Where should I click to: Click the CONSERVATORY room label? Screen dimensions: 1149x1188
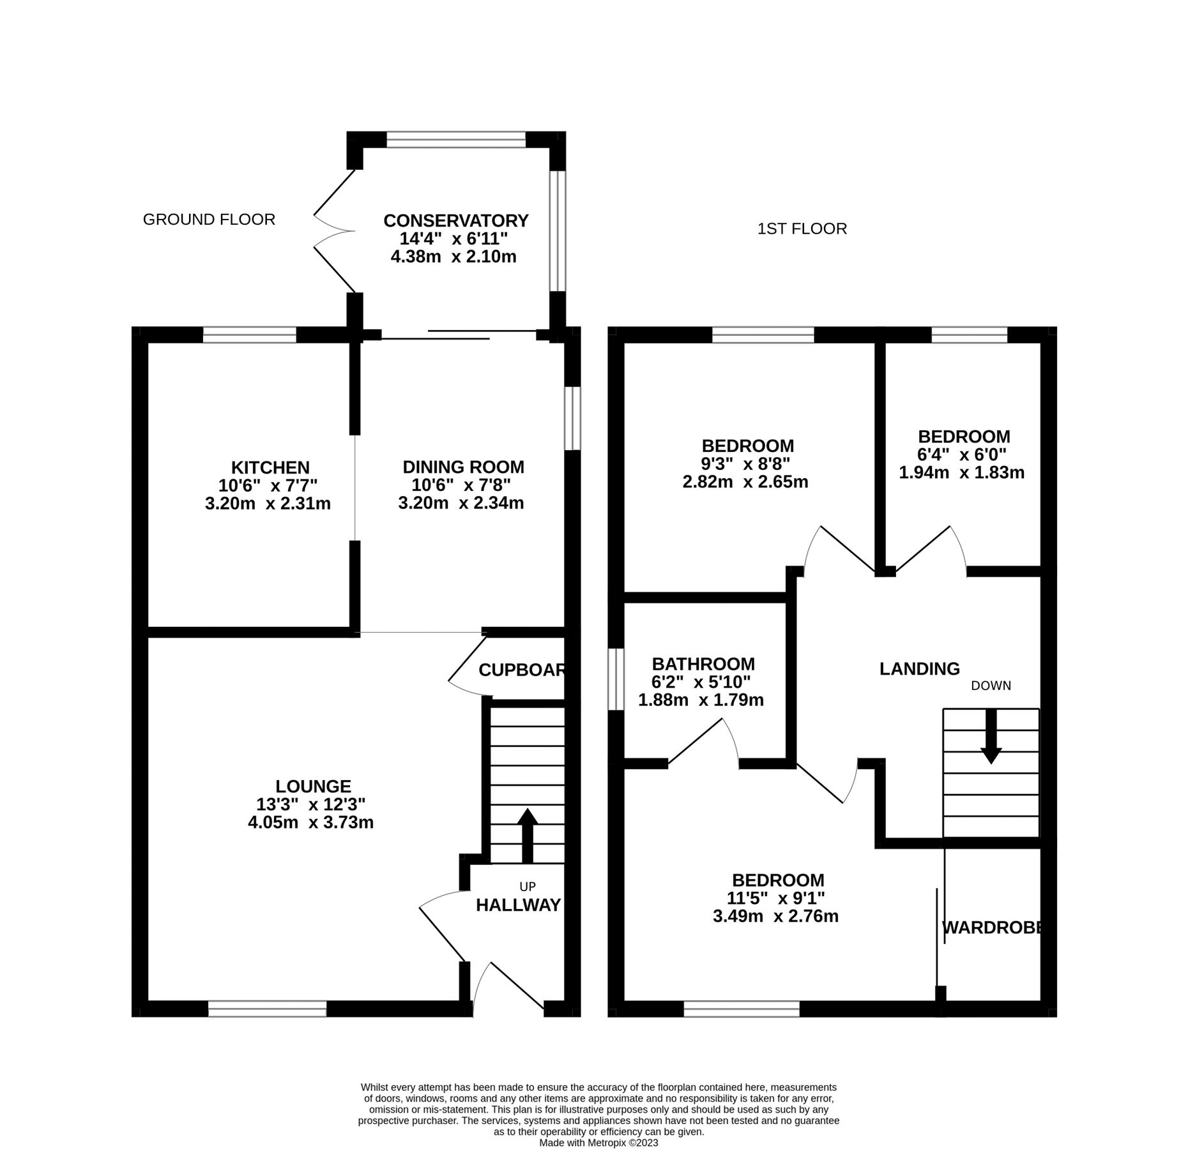455,221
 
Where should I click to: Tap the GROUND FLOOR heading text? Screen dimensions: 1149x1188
209,220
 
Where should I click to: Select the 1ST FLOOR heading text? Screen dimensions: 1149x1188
802,229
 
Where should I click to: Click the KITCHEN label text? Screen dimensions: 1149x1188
270,467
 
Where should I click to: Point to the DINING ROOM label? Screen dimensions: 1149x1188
463,467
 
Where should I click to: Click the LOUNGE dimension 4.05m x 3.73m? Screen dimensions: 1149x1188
310,823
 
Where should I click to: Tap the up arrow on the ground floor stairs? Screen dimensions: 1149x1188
527,836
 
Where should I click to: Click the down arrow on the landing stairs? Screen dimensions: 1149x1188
991,736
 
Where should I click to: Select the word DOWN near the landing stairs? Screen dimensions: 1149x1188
991,686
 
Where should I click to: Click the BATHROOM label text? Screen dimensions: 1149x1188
703,664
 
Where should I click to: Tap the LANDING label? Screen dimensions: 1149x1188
919,669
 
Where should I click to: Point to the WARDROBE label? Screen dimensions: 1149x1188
992,927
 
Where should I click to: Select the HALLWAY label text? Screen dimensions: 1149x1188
518,905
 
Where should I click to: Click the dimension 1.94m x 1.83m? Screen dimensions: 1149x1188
961,473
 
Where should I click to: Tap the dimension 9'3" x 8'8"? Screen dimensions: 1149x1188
745,463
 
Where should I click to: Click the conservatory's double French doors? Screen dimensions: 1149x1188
333,231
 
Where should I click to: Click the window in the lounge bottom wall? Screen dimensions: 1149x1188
267,1009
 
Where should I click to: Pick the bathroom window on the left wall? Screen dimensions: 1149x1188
615,679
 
